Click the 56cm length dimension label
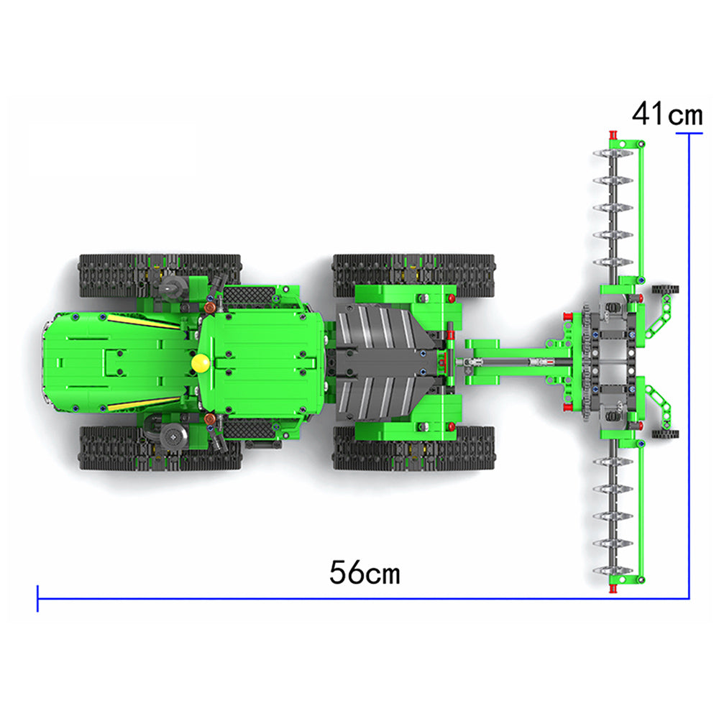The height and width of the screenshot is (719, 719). point(365,572)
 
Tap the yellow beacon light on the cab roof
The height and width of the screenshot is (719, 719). point(201,363)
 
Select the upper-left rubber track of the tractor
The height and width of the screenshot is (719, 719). point(160,275)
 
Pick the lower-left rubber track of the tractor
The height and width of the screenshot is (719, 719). point(160,448)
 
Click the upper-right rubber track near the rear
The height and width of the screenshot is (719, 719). point(413,275)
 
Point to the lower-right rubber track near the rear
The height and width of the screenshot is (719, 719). point(413,448)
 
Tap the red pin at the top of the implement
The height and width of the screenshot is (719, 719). point(613,135)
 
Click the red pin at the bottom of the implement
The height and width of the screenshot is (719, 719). point(613,589)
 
